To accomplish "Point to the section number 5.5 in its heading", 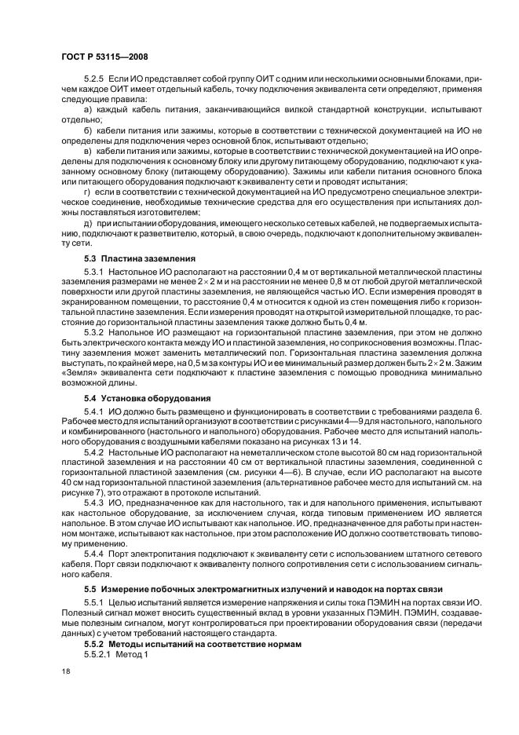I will [91, 588].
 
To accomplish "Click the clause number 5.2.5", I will [94, 81].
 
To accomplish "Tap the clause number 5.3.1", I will [94, 270].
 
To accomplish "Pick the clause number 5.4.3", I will [94, 501].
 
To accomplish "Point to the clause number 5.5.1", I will [94, 601].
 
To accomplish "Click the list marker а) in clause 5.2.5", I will [88, 112].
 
